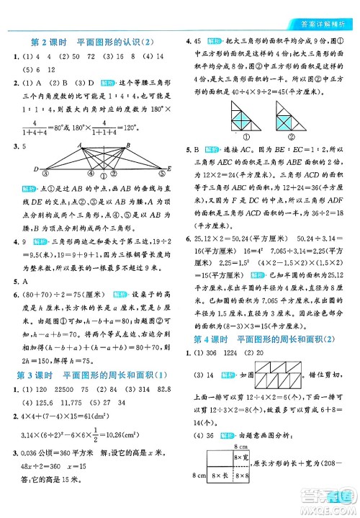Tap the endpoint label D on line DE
[x=36, y=169]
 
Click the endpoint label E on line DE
[x=168, y=169]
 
